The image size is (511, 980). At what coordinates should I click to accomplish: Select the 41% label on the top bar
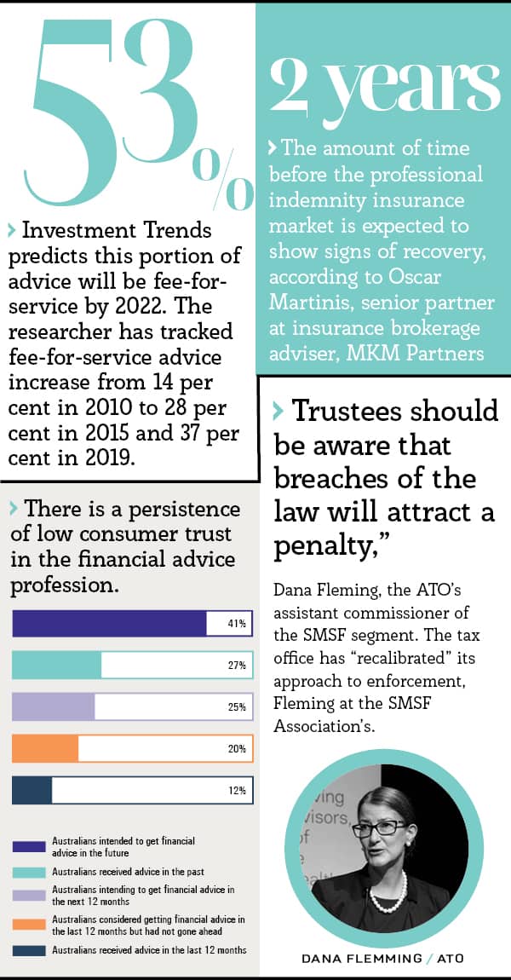[x=237, y=624]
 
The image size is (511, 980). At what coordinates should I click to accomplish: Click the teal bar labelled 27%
[x=56, y=665]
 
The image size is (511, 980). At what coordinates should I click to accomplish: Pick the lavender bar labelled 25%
[x=53, y=706]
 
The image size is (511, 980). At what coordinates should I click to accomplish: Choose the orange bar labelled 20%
[x=45, y=749]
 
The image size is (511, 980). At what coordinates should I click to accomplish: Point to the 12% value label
[x=237, y=791]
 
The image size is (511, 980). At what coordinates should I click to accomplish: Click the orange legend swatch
[x=28, y=924]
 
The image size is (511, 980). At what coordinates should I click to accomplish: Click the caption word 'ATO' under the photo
[x=450, y=959]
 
